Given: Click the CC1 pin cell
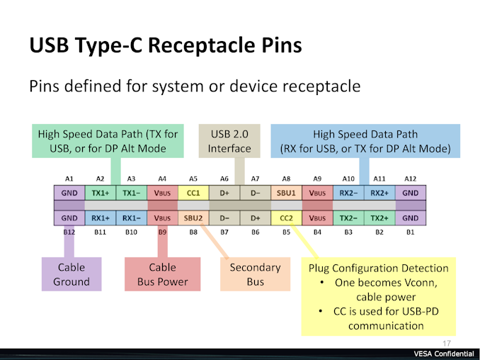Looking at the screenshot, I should coord(193,193).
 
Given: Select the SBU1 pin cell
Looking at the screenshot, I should coord(286,193).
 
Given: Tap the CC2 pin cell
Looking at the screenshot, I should coord(286,218).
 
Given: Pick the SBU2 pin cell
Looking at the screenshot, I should coord(193,218).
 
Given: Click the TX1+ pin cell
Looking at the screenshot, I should coord(100,193).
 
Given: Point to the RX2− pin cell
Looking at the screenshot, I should coord(348,193).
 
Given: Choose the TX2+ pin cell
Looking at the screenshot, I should coord(379,218).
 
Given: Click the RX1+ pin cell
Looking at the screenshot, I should coord(100,218).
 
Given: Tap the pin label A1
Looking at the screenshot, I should coord(69,179).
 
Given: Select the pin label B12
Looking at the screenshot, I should coord(69,232).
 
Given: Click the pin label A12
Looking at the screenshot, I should coord(410,179).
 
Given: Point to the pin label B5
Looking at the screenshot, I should coord(286,232).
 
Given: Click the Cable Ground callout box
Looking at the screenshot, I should coord(72,274).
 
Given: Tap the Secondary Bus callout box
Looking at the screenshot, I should coord(255,274).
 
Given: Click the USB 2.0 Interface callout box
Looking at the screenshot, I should coord(229,141).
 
